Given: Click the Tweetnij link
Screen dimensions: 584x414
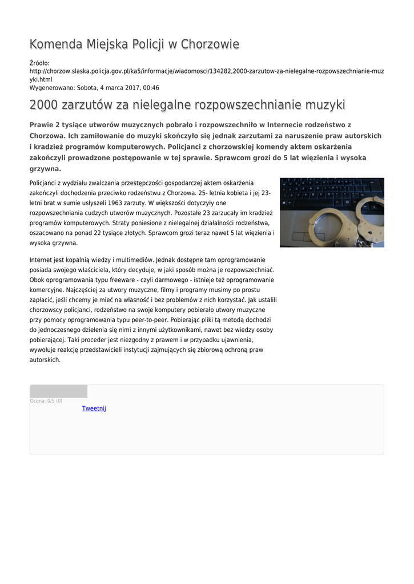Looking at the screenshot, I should [94, 408].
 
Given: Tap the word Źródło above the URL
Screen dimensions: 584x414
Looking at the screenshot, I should [39, 63].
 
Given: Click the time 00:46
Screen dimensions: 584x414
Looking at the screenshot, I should [151, 88].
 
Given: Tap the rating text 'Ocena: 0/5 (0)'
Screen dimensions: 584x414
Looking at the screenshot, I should [46, 401].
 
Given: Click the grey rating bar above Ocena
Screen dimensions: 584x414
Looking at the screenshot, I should [58, 391].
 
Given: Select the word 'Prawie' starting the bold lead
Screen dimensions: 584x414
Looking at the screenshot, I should [42, 124].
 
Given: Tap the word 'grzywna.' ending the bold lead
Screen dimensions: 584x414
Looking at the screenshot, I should [45, 169].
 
